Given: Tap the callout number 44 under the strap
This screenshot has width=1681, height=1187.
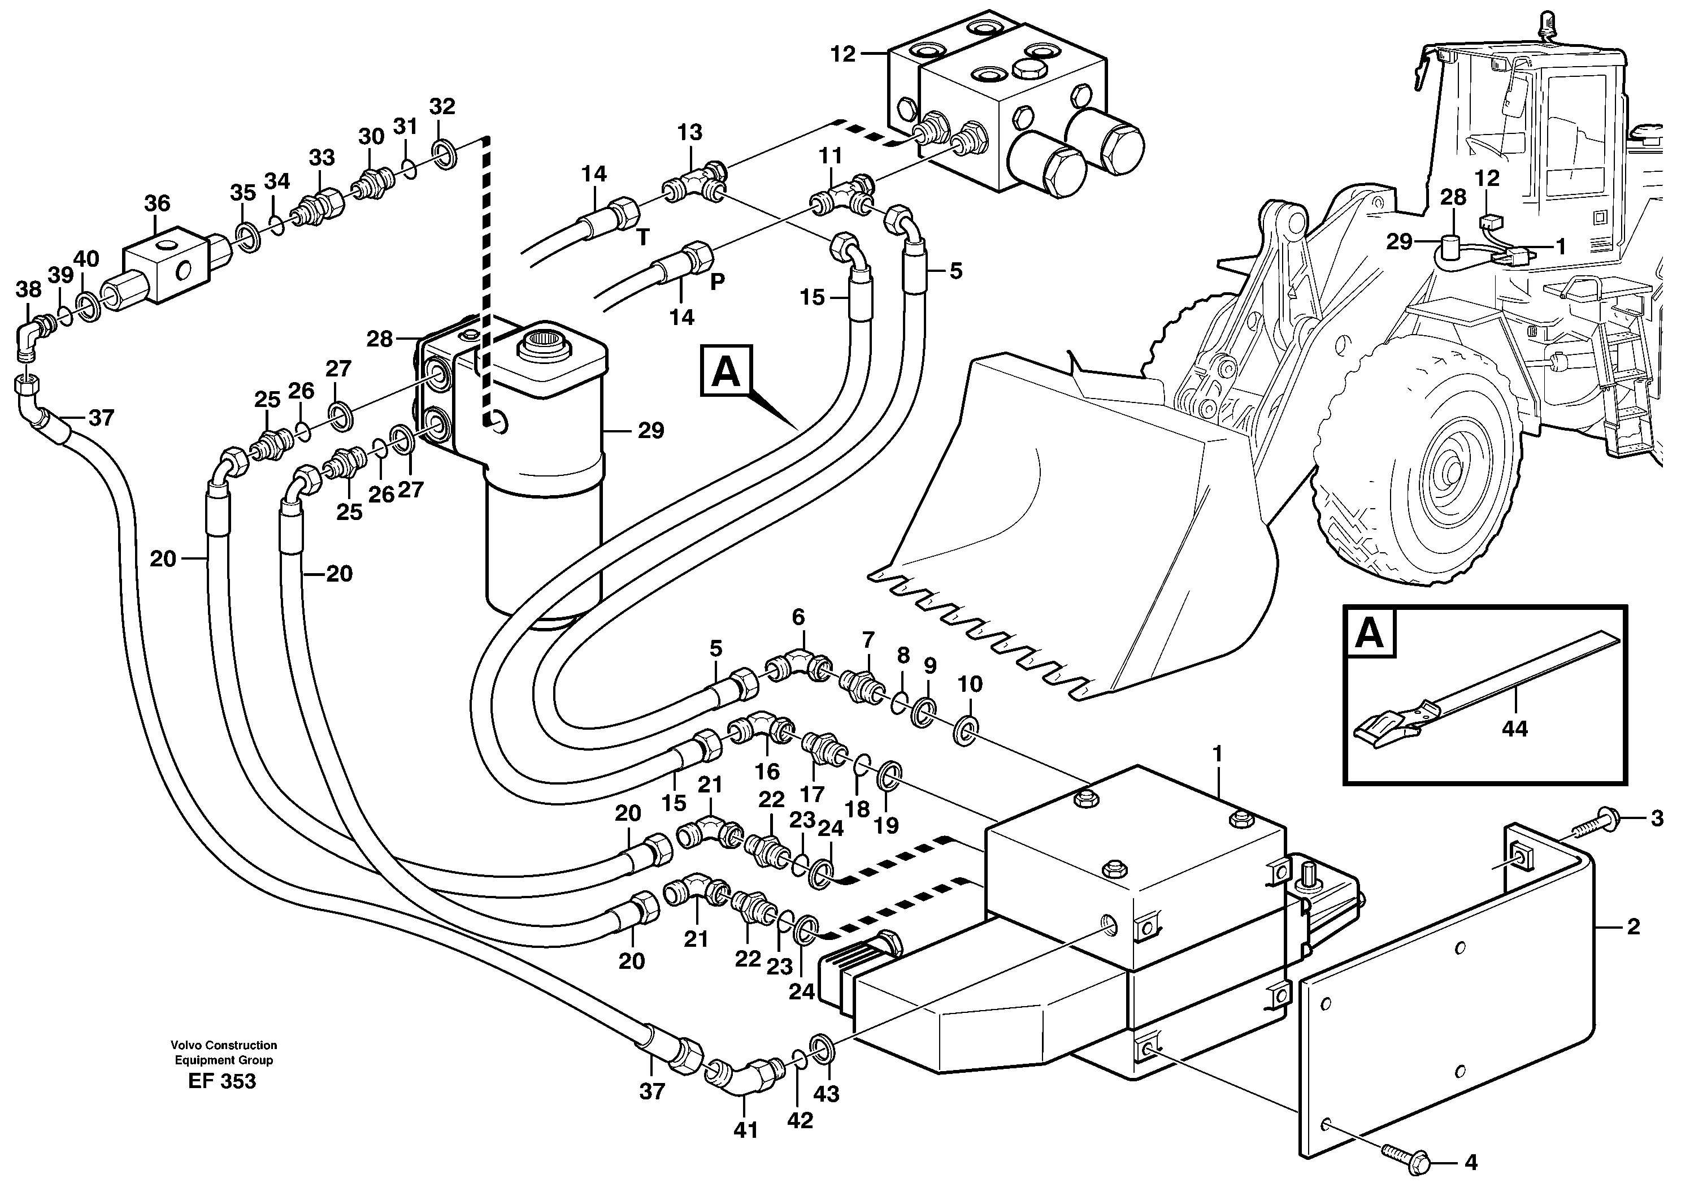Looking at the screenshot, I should (x=1514, y=729).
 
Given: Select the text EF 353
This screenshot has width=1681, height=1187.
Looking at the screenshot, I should (x=222, y=1081).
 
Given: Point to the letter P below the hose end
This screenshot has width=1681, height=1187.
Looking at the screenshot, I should (x=717, y=281).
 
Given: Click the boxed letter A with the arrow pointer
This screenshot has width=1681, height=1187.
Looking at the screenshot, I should (x=726, y=372).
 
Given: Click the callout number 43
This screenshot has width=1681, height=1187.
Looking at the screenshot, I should (x=827, y=1094).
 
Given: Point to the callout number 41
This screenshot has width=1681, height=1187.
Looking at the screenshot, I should (x=745, y=1130).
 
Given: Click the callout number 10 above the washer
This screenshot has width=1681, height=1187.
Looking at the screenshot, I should (x=970, y=685).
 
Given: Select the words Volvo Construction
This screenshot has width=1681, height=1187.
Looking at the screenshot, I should (x=223, y=1045).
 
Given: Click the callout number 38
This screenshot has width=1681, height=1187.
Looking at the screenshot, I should (x=29, y=290).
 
